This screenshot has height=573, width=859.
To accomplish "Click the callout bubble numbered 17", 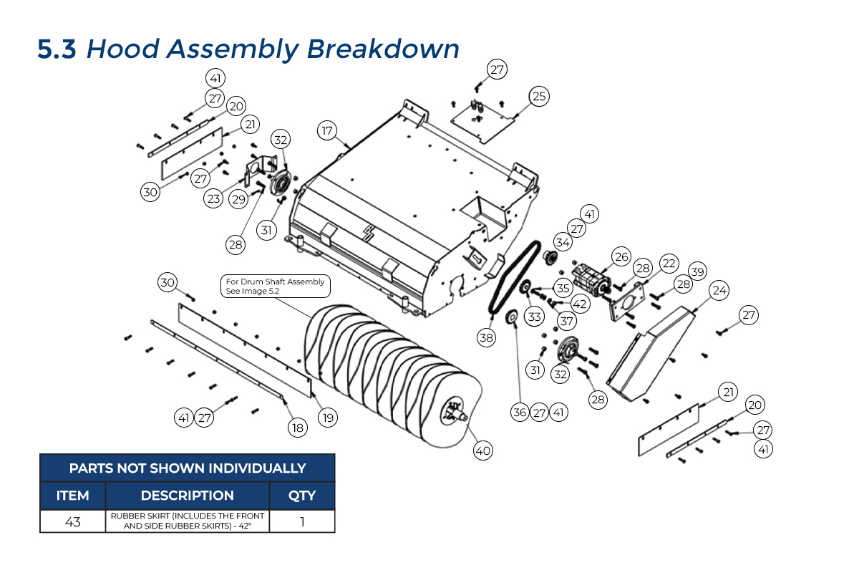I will tap(327, 131).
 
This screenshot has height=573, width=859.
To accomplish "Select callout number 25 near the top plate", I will tap(539, 95).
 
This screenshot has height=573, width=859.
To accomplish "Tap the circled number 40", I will tap(482, 451).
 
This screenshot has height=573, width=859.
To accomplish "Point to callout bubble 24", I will tap(719, 290).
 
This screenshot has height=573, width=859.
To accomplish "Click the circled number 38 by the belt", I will tap(487, 338).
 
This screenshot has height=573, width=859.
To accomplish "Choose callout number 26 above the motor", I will tap(621, 256).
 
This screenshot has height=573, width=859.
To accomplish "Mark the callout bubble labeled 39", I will tap(697, 271).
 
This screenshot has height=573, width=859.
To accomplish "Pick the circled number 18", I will tap(297, 428).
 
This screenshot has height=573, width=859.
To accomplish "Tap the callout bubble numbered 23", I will tap(213, 198).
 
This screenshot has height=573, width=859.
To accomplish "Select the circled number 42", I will tap(580, 304).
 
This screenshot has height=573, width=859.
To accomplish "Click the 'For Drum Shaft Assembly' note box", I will tap(275, 286).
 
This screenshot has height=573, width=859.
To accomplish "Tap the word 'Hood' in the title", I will tap(122, 49).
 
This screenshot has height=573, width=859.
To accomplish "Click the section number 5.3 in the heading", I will tap(57, 49).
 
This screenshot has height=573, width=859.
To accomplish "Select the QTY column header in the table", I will tap(301, 496).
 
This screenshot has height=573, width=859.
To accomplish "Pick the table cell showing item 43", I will tap(73, 521).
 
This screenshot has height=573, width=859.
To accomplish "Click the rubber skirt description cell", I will tap(187, 521).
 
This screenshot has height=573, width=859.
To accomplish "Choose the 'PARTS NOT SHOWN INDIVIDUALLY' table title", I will tap(187, 468).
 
